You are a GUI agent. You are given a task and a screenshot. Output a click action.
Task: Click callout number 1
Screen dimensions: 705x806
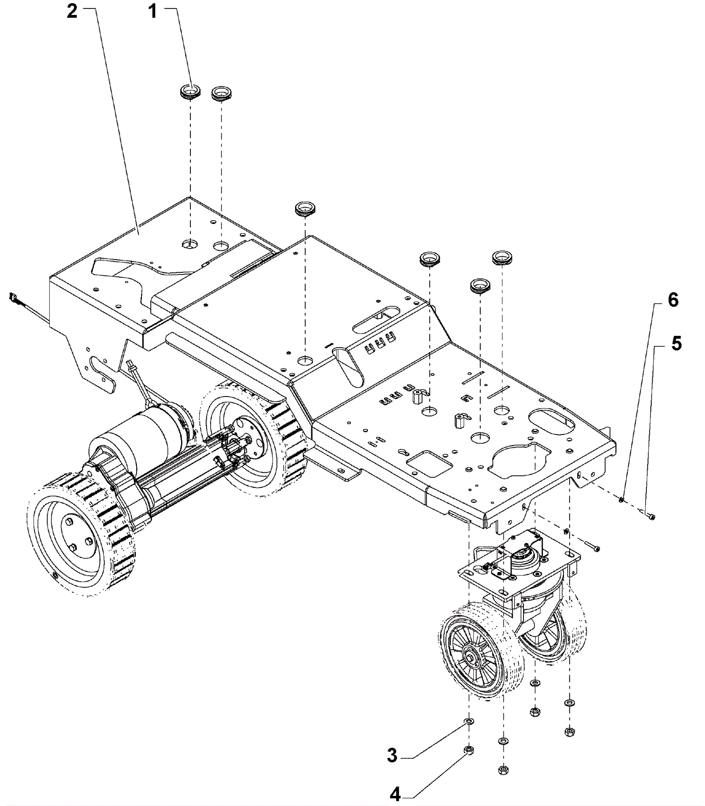coord(152,11)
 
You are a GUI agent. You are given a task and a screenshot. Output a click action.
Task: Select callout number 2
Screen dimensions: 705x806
coord(72,11)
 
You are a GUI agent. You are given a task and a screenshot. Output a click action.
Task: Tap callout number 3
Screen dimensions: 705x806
coord(392,755)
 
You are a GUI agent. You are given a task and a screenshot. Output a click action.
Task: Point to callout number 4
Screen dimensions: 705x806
coord(395,794)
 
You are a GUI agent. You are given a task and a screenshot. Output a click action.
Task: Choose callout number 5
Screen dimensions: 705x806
coord(676,343)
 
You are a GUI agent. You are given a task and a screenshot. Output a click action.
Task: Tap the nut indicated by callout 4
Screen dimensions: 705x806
coord(469,750)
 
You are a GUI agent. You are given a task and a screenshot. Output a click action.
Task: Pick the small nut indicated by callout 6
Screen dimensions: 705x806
coord(621,499)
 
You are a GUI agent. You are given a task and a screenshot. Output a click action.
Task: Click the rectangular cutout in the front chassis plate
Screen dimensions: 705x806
coord(429,464)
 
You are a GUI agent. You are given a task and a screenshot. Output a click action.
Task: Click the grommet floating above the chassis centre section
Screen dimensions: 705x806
coord(305,208)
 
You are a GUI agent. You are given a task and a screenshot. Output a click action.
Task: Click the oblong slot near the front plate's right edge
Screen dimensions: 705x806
coord(553,421)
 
